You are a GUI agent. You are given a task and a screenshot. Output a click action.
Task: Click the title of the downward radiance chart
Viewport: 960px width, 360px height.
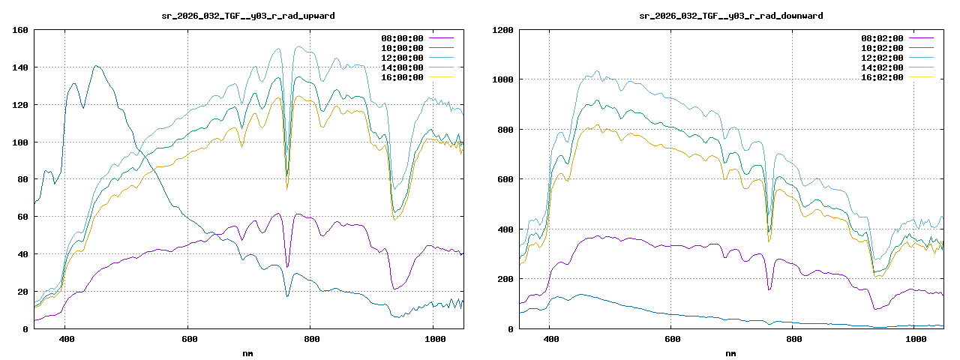730,15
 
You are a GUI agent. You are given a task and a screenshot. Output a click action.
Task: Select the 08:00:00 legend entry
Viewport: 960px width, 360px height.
402,37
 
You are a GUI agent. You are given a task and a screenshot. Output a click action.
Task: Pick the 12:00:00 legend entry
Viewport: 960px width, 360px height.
402,57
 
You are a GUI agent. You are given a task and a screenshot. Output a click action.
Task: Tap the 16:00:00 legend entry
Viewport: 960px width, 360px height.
402,76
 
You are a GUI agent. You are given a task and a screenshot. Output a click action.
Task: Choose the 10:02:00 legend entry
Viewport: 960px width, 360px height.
882,47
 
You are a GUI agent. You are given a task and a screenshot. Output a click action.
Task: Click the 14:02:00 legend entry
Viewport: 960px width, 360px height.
882,67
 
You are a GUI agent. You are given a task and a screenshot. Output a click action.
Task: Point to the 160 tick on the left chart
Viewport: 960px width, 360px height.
20,30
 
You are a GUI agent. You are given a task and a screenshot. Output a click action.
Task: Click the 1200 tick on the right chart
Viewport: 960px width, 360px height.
502,30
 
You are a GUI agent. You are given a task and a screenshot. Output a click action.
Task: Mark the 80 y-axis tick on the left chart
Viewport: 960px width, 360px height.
22,179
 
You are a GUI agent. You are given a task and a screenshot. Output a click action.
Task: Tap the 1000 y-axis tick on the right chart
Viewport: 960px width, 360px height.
502,79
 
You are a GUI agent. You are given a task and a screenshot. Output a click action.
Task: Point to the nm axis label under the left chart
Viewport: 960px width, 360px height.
248,352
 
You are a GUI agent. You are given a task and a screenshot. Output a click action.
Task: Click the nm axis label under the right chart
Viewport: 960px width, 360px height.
730,352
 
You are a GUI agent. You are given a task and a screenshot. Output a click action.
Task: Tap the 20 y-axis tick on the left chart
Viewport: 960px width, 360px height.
22,292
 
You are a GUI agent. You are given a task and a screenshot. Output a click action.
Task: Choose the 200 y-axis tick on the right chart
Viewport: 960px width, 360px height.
505,279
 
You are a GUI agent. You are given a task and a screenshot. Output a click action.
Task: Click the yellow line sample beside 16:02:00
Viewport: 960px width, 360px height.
921,76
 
